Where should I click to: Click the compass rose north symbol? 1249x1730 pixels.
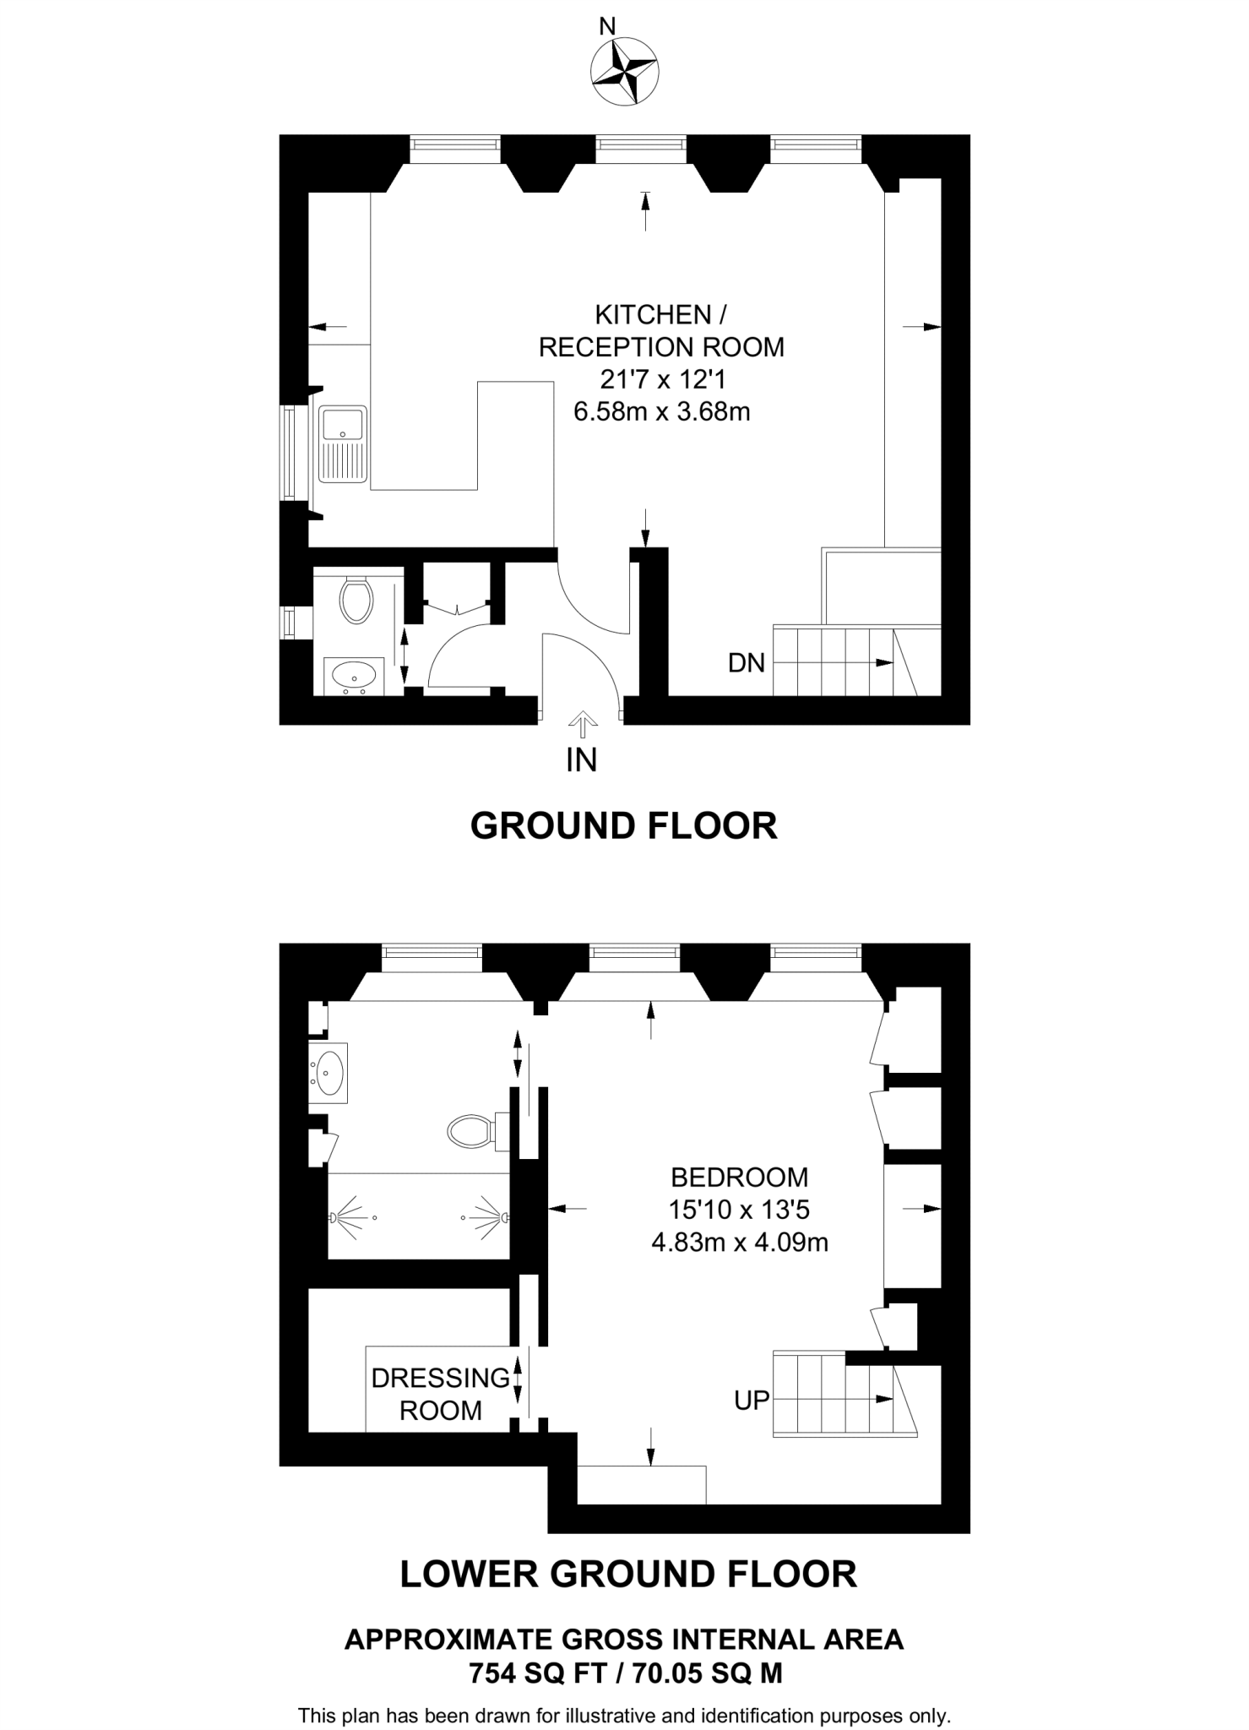tap(624, 71)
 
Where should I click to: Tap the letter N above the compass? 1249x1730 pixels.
tap(606, 26)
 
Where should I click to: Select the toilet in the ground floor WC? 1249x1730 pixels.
tap(356, 600)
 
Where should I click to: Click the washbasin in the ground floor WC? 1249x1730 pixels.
tap(355, 675)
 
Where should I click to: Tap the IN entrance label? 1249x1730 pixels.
tap(581, 760)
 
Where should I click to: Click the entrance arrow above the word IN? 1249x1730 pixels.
tap(582, 720)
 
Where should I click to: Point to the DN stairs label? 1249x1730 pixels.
tap(747, 663)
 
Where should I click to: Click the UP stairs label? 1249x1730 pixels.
tap(752, 1401)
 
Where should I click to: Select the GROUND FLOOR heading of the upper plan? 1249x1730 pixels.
tap(623, 825)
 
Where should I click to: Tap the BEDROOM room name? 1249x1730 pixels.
tap(739, 1177)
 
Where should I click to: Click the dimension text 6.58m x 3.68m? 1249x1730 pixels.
tap(661, 412)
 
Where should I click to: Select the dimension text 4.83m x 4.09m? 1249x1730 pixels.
tap(739, 1243)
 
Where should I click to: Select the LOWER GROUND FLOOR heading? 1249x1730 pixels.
tap(627, 1574)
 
